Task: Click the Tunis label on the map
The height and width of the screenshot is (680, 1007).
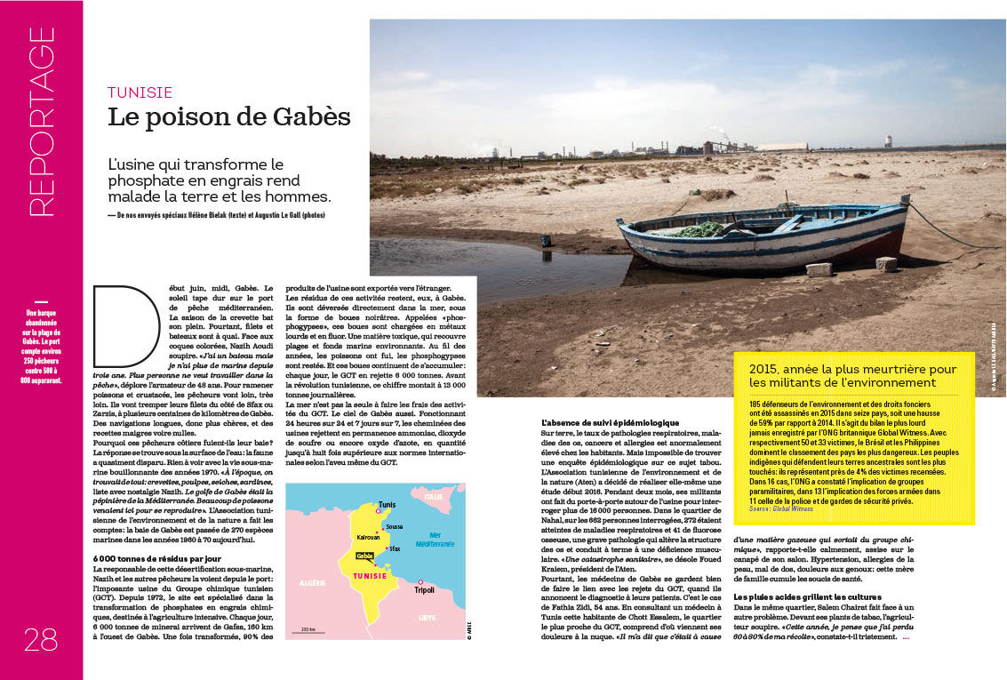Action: pyautogui.click(x=388, y=505)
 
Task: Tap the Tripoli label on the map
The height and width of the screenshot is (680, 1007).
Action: pyautogui.click(x=424, y=589)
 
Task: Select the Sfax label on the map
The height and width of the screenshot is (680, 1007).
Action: pyautogui.click(x=395, y=549)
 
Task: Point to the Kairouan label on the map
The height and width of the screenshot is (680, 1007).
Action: pyautogui.click(x=344, y=537)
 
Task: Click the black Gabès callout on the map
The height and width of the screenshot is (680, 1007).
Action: pyautogui.click(x=364, y=556)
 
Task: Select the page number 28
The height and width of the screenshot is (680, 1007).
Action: pyautogui.click(x=41, y=639)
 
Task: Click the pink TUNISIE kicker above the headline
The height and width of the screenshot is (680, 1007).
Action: pyautogui.click(x=140, y=92)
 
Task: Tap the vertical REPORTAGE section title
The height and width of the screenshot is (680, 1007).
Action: pyautogui.click(x=42, y=121)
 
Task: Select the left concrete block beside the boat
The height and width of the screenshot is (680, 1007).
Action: pyautogui.click(x=818, y=268)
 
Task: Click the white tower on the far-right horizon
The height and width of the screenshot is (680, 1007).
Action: pyautogui.click(x=888, y=140)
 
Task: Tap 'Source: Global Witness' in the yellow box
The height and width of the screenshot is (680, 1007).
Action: pyautogui.click(x=782, y=508)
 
